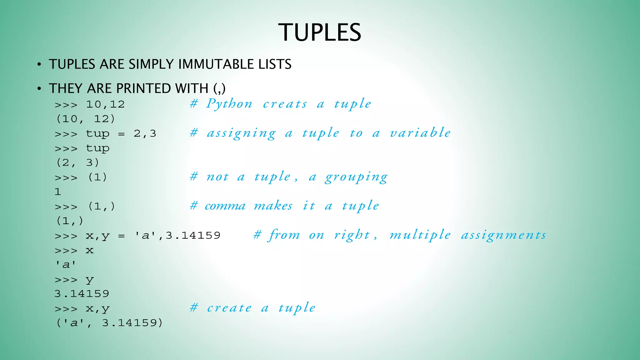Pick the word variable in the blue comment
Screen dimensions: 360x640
(420, 133)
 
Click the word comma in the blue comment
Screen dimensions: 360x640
(225, 206)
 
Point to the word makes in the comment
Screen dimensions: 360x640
(273, 206)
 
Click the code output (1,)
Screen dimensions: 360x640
(70, 221)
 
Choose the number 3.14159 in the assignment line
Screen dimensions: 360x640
(193, 235)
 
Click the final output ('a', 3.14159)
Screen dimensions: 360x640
(109, 323)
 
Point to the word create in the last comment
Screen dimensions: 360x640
(229, 308)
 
